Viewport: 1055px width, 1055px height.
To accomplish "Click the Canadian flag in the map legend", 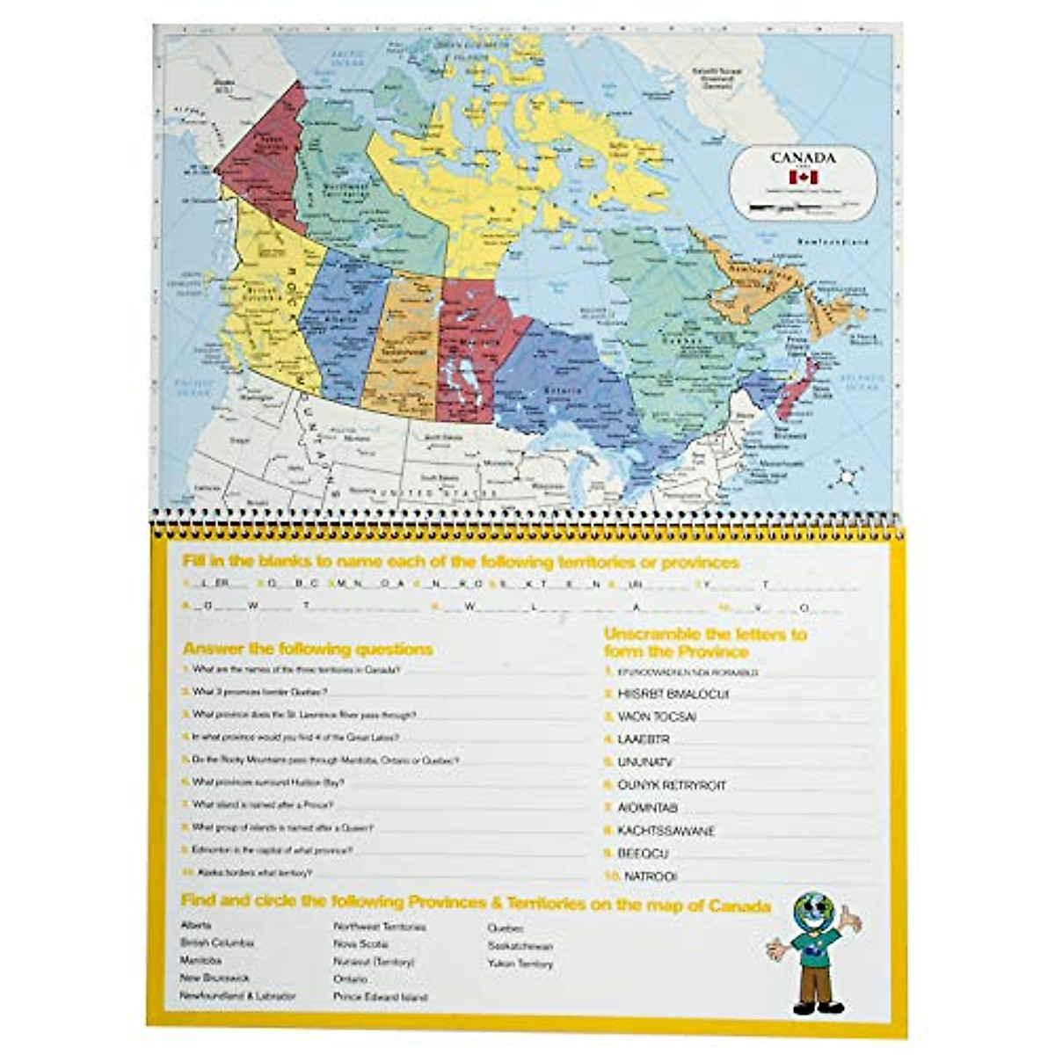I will click(803, 178).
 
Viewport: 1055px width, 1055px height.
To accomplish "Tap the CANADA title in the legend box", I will click(803, 158).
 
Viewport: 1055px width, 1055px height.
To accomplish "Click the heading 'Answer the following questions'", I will click(308, 650).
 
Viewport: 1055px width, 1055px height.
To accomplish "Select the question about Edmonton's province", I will click(272, 850).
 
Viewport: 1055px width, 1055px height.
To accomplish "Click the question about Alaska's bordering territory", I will click(251, 873).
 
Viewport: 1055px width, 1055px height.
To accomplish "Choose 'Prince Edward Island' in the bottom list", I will click(380, 997).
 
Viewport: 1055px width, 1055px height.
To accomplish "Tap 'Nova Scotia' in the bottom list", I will click(360, 943).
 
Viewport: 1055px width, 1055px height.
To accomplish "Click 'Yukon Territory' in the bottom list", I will click(520, 964).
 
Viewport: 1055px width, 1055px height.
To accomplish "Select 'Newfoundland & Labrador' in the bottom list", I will click(237, 996).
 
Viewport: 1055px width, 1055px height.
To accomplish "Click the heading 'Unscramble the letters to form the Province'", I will click(704, 643).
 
